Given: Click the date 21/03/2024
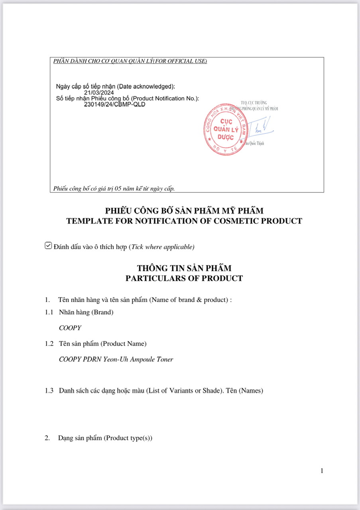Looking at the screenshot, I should pyautogui.click(x=99, y=93).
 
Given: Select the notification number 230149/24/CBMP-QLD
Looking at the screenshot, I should pyautogui.click(x=115, y=104).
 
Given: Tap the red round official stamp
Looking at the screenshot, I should pyautogui.click(x=224, y=129).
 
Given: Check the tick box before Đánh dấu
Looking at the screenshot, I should pyautogui.click(x=48, y=246).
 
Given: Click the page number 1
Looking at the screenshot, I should pyautogui.click(x=322, y=471).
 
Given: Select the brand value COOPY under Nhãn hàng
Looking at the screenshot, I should pyautogui.click(x=70, y=328).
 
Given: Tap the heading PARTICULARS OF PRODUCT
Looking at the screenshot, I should pyautogui.click(x=184, y=278).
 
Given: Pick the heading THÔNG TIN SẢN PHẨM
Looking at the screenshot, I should pyautogui.click(x=184, y=268).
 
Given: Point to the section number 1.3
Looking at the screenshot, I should pyautogui.click(x=49, y=390).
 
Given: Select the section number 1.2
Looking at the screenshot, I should pyautogui.click(x=49, y=343).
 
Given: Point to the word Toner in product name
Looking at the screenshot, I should pyautogui.click(x=165, y=359).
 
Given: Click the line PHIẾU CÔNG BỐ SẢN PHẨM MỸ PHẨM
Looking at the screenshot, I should pyautogui.click(x=184, y=210).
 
